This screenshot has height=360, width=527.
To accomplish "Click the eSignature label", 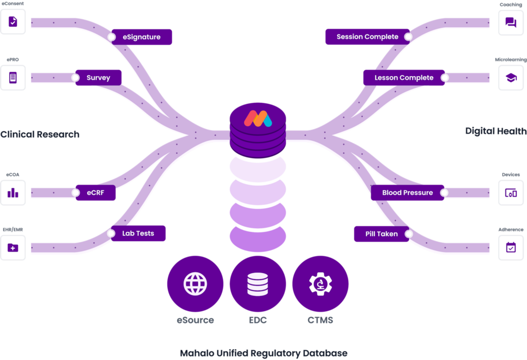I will point(142,37).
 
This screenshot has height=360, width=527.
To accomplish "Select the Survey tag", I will point(98,78).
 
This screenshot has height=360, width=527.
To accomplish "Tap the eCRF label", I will point(95,193).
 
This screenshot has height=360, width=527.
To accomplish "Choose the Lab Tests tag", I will point(138,233).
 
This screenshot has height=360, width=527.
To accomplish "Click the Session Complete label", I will point(367,37).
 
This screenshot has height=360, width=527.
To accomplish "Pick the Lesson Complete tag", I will point(404,78).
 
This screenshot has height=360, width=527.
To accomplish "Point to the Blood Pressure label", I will point(408,193).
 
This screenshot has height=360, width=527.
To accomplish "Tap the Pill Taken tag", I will point(381,234).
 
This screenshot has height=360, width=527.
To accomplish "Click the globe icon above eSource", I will point(196,283).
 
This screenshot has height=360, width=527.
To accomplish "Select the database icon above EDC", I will point(258,283).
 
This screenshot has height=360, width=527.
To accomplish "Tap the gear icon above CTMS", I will point(320,283).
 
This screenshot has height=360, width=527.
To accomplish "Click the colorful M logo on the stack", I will point(258,118).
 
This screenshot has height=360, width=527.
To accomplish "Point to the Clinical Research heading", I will point(40,135).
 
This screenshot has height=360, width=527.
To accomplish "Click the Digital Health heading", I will point(496,131).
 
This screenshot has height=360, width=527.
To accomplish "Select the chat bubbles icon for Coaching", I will point(511,22).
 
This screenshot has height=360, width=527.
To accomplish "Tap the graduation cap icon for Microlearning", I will point(511,78).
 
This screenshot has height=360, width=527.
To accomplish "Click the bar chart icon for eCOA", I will point(13,193).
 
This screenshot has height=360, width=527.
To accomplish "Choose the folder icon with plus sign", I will point(13,247).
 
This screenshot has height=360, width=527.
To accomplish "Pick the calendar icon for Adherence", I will point(511,247).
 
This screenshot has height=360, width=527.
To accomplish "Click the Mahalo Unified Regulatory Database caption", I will point(263,353).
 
